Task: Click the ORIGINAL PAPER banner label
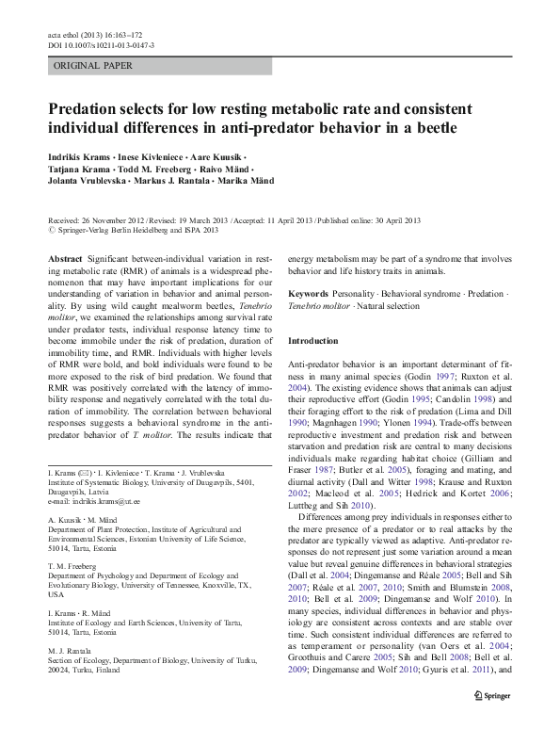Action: click(93, 66)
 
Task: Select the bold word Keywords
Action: click(309, 294)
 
